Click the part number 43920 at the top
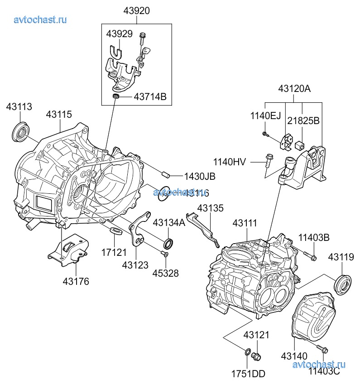[x=136, y=10]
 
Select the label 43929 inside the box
[x=120, y=34]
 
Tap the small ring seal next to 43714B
[x=116, y=96]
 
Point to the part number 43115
[x=58, y=115]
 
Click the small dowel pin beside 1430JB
[x=166, y=173]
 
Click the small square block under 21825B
[x=299, y=146]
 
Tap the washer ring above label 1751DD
[x=248, y=352]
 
